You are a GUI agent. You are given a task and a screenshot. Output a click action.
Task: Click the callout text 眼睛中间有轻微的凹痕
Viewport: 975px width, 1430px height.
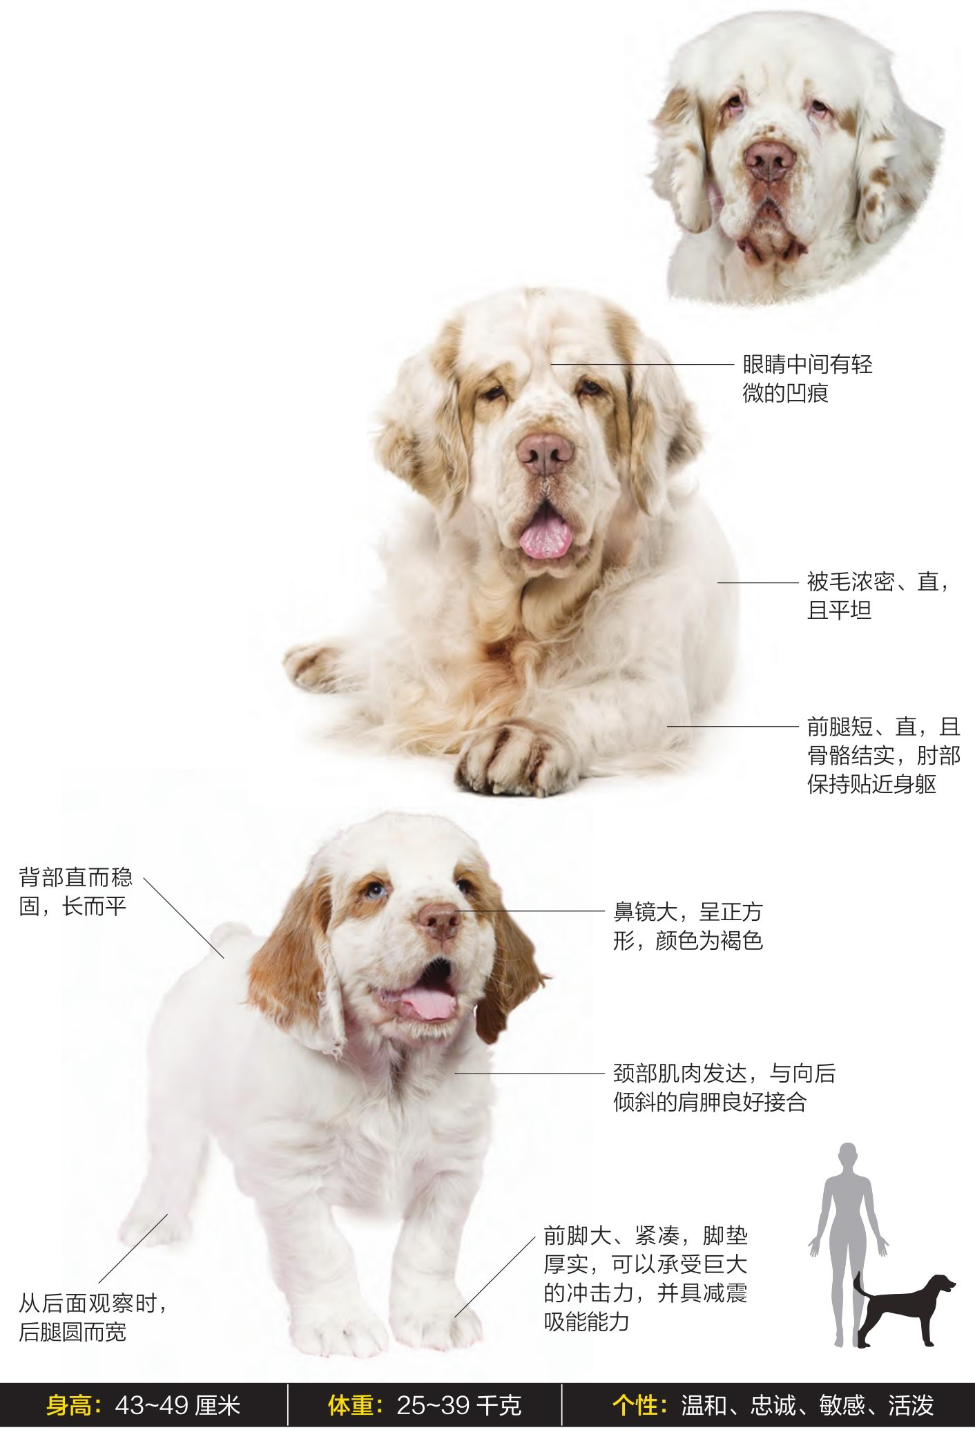pyautogui.click(x=808, y=379)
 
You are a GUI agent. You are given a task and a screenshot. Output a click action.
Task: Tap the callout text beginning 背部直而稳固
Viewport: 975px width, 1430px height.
pyautogui.click(x=75, y=892)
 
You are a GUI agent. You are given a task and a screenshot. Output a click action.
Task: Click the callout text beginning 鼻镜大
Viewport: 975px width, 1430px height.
pyautogui.click(x=688, y=926)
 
